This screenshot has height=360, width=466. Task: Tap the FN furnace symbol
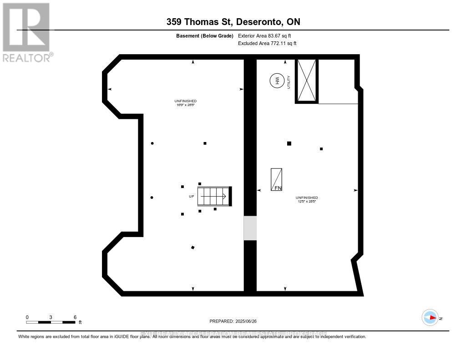[x=276, y=179]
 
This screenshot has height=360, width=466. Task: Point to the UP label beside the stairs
[x=192, y=197]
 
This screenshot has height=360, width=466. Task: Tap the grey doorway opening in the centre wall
[x=250, y=228]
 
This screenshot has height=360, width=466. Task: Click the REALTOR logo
[x=26, y=32]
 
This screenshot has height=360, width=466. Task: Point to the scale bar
[x=51, y=322]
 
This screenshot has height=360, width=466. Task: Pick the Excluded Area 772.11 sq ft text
[x=267, y=44]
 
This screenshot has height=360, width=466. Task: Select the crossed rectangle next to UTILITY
[x=306, y=81]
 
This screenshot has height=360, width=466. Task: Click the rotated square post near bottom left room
[x=193, y=248]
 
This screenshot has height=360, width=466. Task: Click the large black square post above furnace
[x=289, y=143]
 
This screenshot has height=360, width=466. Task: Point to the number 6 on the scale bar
[x=75, y=317]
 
